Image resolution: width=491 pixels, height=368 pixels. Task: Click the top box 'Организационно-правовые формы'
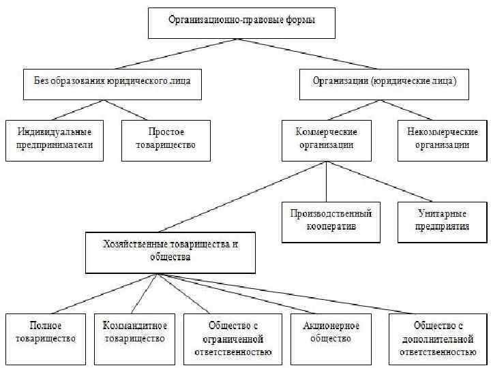point(242,22)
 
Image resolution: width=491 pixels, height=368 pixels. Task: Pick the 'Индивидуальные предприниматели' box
point(55,140)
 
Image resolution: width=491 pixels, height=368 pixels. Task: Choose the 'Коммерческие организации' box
point(327,140)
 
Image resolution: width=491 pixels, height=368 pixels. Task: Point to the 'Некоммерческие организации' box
point(443,140)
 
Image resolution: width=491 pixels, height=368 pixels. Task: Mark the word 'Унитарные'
point(443,215)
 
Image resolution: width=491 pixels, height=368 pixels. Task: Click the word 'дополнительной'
point(437,339)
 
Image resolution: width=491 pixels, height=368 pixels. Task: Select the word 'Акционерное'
point(331,326)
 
